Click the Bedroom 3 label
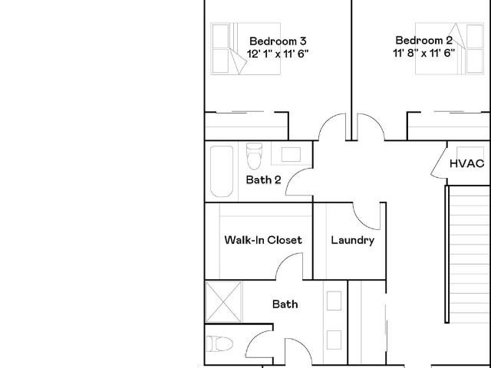pos(278,41)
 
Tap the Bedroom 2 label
pos(424,41)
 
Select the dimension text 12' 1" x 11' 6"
pos(278,54)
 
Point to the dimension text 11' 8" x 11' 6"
pos(424,53)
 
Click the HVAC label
pos(467,163)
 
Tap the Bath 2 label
pos(263,179)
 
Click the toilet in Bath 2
pos(254,156)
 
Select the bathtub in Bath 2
pos(222,171)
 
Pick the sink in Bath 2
pos(291,154)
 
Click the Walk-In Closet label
pos(263,240)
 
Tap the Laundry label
pos(353,240)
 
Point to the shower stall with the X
pos(223,301)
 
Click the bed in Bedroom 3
pos(245,48)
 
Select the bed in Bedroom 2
pos(450,48)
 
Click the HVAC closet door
pos(439,163)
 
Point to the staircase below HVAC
pos(467,254)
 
